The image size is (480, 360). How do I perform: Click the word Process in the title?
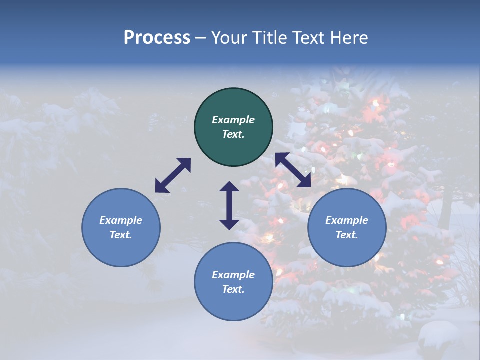tap(157, 38)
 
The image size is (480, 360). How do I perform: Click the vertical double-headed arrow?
tap(229, 205)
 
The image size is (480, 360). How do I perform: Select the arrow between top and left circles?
tap(173, 175)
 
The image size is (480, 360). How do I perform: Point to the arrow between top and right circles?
tap(293, 170)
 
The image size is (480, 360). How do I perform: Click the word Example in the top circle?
tap(233, 120)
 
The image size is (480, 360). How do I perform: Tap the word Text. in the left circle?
tap(121, 235)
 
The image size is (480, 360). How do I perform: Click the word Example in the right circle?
tap(347, 220)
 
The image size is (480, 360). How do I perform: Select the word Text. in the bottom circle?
tap(233, 289)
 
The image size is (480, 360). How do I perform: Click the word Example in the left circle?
tap(121, 220)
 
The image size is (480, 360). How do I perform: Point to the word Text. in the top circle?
tap(233, 134)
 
